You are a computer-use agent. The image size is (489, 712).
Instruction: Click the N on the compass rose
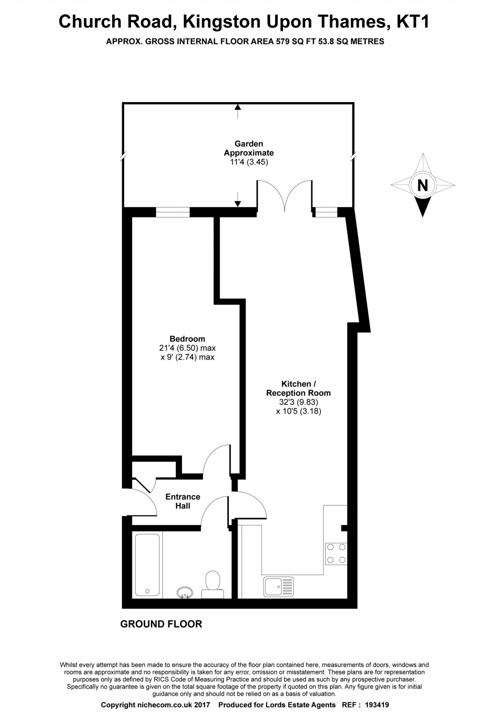tap(423, 185)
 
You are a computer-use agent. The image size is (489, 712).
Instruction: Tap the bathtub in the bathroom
tap(147, 565)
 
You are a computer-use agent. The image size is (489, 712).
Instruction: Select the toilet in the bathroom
tap(213, 584)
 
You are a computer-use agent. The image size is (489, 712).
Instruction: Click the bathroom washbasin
tap(185, 592)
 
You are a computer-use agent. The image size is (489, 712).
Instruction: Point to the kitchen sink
tap(278, 587)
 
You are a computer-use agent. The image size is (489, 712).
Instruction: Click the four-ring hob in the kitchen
tap(336, 554)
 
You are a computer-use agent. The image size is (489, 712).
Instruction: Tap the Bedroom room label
tap(187, 339)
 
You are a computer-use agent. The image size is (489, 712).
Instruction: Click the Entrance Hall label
tap(183, 501)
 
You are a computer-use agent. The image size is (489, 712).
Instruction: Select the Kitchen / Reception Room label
tap(298, 388)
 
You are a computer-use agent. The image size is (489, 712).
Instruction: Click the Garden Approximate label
tap(249, 148)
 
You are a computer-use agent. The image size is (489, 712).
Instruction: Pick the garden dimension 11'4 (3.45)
tap(249, 162)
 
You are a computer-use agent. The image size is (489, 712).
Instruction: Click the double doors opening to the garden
tap(285, 196)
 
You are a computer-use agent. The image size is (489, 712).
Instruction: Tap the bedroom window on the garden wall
tap(173, 212)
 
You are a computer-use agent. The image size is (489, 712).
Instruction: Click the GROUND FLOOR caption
tap(161, 624)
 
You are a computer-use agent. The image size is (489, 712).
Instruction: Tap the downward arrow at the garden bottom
tap(238, 202)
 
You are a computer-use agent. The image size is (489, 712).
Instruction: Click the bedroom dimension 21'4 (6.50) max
tap(187, 348)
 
